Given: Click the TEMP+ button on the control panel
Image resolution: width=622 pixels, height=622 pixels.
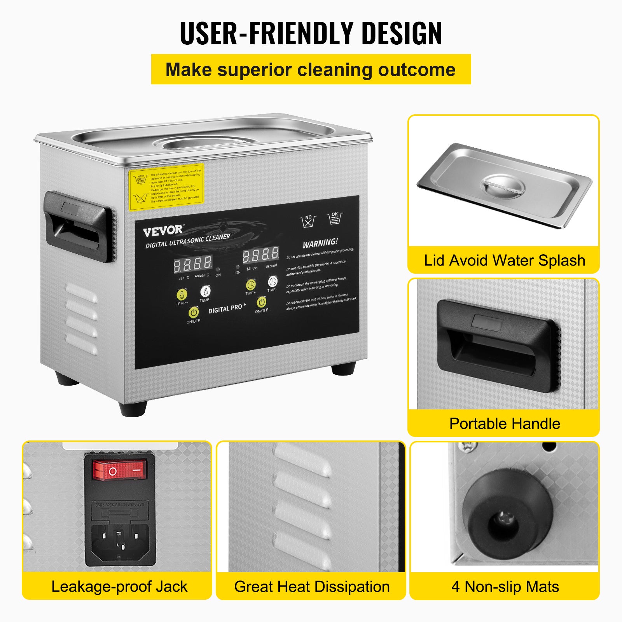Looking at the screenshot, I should coord(182,294).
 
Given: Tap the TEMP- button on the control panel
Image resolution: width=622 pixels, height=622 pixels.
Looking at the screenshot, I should coord(205,291).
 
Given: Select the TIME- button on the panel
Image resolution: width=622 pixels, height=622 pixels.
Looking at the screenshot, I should coord(273,281).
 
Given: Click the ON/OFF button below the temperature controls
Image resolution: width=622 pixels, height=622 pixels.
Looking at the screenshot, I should coord(193,312).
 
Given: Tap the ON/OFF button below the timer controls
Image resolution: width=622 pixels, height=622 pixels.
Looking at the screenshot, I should coord(261,302).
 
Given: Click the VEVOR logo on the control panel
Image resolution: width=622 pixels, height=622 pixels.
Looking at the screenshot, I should coord(163,231).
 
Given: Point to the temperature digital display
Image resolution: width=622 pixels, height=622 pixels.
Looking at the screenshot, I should coord(192,264).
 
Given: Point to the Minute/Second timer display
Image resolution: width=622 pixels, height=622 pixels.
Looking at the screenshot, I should coord(261,255).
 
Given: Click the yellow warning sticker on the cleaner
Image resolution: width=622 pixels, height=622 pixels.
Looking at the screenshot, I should coord(166,187).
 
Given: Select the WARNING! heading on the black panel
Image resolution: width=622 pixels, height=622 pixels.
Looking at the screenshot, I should coord(320,243).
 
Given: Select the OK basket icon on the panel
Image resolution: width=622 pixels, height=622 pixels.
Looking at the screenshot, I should coord(335,218).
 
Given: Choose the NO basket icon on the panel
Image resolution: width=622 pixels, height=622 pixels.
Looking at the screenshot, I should coord(308,221).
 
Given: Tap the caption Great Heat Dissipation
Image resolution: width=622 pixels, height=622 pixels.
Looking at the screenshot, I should coord(312,587).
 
